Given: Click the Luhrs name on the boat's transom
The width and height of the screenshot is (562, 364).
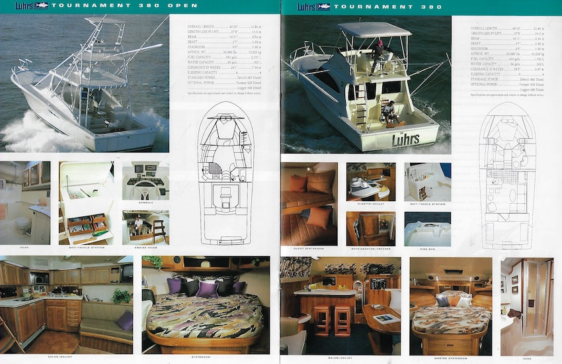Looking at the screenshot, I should pos(405,139).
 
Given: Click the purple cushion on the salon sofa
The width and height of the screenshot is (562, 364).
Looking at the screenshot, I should pos(125,320).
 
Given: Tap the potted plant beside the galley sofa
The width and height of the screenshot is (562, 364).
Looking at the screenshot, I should pos(121,296).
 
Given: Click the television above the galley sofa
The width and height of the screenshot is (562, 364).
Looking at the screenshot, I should pos(126,272).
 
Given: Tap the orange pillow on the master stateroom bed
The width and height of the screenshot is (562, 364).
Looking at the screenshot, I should pos(454,300).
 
